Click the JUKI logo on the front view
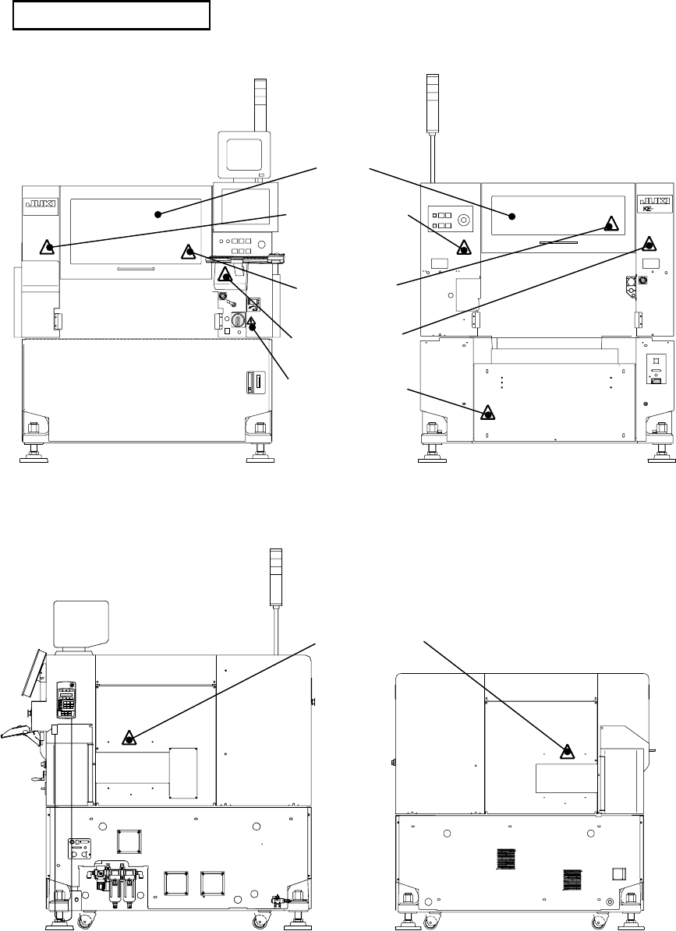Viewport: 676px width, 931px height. point(39,204)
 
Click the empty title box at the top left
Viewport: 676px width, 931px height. point(112,16)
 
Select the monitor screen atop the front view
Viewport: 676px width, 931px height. point(242,152)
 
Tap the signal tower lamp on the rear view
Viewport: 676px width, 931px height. point(434,101)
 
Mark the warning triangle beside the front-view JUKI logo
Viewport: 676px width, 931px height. point(48,248)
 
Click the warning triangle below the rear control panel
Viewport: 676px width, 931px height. point(463,249)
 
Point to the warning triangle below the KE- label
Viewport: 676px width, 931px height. point(649,242)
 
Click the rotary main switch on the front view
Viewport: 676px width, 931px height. point(239,320)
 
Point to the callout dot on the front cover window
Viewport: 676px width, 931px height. point(157,213)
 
